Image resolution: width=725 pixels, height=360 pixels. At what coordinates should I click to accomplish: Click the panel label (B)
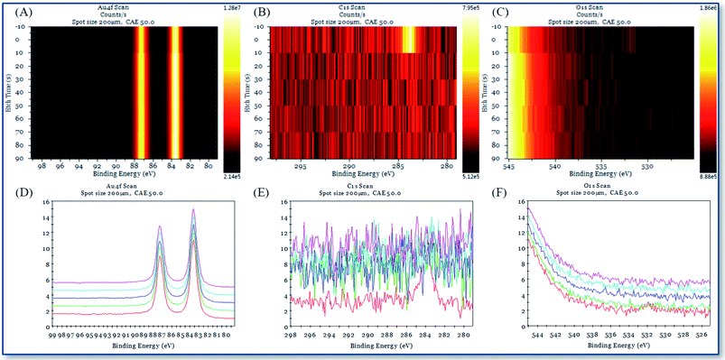[258, 11]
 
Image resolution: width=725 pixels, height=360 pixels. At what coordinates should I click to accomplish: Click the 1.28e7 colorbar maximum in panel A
[231, 6]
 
